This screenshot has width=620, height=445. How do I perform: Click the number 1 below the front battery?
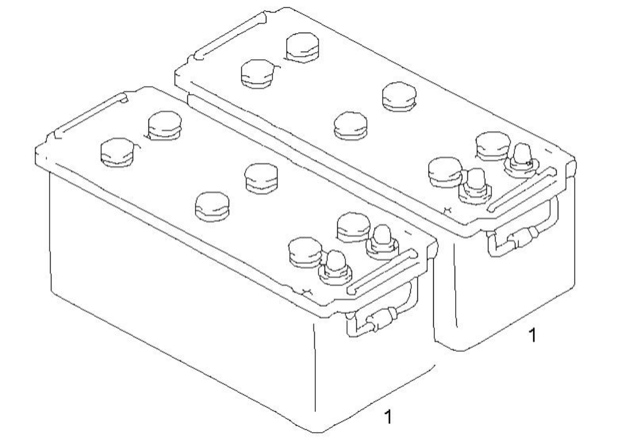click(389, 416)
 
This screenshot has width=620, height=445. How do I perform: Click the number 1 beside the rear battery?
click(533, 335)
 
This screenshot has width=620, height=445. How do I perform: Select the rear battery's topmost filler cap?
click(303, 47)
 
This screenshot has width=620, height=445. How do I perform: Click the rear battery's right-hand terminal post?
click(522, 160)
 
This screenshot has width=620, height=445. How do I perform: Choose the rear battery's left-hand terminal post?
click(475, 186)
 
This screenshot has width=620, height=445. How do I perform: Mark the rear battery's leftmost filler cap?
click(258, 74)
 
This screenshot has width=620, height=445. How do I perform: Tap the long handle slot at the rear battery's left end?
click(230, 35)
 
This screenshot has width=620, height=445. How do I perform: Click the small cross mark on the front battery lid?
click(307, 291)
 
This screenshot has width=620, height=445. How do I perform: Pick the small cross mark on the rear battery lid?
click(448, 210)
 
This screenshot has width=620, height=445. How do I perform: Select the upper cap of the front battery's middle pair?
click(261, 179)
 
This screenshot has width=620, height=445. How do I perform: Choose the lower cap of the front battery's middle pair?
click(212, 207)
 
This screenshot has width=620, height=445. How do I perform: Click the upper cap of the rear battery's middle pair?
click(399, 97)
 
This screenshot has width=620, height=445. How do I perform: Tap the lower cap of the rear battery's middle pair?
click(351, 126)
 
